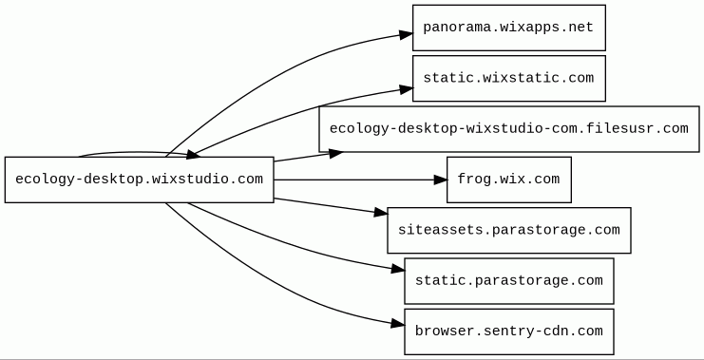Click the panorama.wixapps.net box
[x=508, y=28]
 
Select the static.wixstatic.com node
[x=508, y=79]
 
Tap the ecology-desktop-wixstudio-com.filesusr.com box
[x=508, y=129]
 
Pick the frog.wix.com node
[x=508, y=180]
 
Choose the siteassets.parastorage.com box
[x=508, y=230]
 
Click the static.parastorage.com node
[x=508, y=281]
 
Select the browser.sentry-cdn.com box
[x=508, y=332]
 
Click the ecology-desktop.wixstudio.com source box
[x=139, y=180]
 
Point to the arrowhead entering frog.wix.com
[x=441, y=180]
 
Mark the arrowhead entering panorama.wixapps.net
[x=407, y=34]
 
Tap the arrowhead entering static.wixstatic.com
[x=407, y=89]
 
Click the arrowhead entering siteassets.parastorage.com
[x=381, y=213]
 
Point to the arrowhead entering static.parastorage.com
[x=398, y=270]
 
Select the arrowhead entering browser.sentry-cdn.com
[x=398, y=324]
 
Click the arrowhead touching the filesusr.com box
[x=335, y=154]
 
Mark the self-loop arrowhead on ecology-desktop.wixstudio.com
[x=193, y=155]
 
